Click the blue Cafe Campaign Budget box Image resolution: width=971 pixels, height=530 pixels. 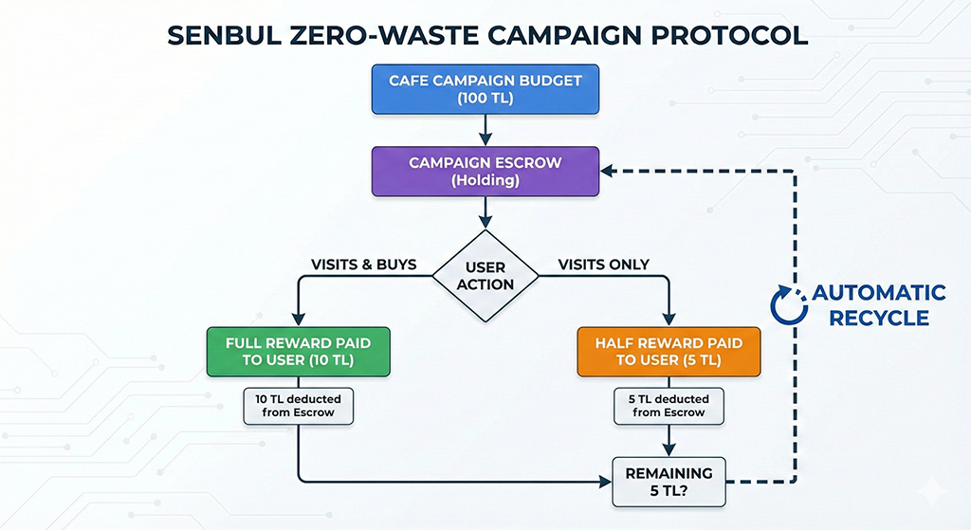(x=485, y=88)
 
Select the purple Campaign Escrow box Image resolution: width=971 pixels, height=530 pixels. (x=485, y=171)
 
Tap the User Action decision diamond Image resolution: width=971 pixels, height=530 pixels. (x=485, y=275)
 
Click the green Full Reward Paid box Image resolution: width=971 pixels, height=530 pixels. (x=298, y=351)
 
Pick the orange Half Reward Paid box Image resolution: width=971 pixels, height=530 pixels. (x=670, y=351)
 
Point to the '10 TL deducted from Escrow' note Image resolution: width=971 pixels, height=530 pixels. (x=298, y=405)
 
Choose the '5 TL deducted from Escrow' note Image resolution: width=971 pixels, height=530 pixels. (x=670, y=405)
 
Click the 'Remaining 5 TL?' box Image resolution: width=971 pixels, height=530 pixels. (x=670, y=481)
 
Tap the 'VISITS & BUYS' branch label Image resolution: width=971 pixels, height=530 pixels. (x=364, y=265)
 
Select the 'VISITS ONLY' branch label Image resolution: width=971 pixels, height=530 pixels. (x=603, y=265)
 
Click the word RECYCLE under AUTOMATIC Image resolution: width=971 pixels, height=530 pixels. (x=878, y=319)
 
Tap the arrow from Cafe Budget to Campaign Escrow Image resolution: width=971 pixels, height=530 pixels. (x=485, y=129)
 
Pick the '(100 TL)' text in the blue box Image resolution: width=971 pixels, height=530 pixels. (x=485, y=98)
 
